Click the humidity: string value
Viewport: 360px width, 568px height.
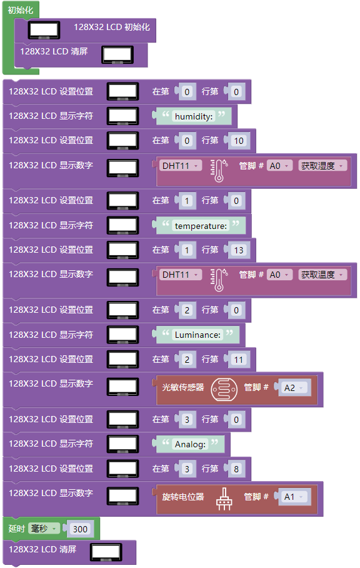pos(194,116)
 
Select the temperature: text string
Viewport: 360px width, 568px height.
pos(201,226)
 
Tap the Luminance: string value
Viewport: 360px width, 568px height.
pos(197,335)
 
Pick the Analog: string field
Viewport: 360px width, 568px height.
pos(190,444)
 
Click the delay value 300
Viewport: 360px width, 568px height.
pos(80,529)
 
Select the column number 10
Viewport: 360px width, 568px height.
pos(238,141)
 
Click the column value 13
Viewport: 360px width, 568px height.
pos(238,250)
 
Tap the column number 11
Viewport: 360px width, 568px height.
pos(238,359)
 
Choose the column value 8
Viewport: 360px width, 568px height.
pos(236,469)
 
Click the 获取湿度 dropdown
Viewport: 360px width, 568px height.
pos(322,166)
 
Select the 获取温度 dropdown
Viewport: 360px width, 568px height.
pos(322,275)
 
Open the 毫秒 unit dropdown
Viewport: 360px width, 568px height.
pos(44,529)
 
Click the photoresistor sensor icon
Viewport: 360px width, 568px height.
pos(224,390)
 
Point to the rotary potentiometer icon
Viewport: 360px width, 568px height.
pos(224,499)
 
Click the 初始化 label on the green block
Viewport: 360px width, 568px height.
pos(20,10)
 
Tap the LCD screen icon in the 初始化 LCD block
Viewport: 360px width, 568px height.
pos(44,30)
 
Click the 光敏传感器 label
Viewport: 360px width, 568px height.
pos(183,387)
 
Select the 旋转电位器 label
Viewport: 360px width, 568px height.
pos(183,496)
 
